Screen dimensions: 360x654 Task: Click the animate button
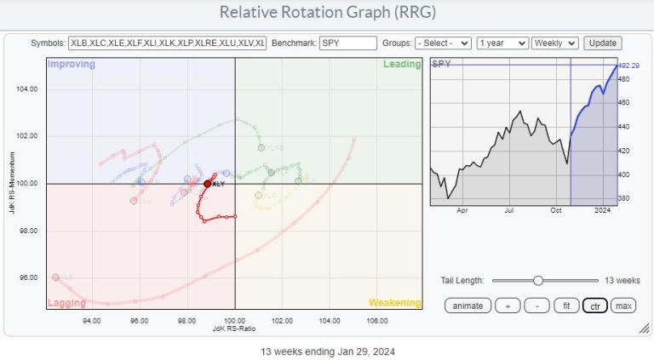pos(468,306)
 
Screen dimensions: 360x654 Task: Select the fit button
pos(563,306)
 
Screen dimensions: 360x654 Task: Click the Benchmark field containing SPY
pos(347,43)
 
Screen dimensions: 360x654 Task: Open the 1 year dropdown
pos(502,43)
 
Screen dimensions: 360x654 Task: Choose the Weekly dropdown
pos(555,43)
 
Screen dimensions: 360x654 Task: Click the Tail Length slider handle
pos(538,279)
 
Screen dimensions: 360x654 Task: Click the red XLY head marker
pos(207,183)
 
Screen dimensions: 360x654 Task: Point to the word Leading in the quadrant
pos(403,64)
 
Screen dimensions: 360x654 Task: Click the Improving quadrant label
pos(71,64)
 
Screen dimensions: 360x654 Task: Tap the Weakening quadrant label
pos(394,302)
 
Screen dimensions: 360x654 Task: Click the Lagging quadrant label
pos(66,302)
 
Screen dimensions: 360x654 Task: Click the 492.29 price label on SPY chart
pos(628,66)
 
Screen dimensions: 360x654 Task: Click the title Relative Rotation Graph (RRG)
pos(326,12)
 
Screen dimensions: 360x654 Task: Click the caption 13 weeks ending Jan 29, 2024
pos(328,351)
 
